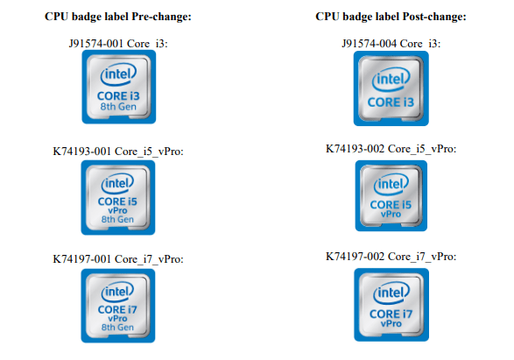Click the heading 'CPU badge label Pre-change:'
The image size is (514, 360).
click(x=118, y=17)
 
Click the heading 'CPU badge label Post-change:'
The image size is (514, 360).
click(x=391, y=17)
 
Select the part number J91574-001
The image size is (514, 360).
click(x=96, y=43)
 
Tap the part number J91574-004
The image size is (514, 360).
click(x=370, y=43)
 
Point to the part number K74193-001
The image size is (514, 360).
click(x=81, y=152)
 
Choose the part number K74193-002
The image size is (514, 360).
click(x=355, y=149)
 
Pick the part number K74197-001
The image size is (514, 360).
click(x=81, y=259)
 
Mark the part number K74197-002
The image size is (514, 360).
click(x=355, y=256)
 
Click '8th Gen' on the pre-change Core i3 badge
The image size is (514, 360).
click(x=118, y=107)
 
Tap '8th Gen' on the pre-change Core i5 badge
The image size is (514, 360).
click(x=117, y=219)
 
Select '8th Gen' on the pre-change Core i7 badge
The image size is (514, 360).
click(x=117, y=327)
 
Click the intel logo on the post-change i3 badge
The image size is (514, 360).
click(x=391, y=79)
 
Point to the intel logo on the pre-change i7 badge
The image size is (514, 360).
click(x=117, y=292)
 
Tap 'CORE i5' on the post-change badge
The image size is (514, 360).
click(x=391, y=205)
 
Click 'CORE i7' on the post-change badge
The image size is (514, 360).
click(x=391, y=314)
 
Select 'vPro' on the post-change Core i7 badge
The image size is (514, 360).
click(x=391, y=323)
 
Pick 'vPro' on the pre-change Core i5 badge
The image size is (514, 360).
click(x=117, y=210)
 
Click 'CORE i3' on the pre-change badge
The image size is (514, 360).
click(x=118, y=96)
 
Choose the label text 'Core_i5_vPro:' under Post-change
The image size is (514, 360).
click(x=422, y=149)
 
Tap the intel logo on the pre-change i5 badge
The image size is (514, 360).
click(x=117, y=183)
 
